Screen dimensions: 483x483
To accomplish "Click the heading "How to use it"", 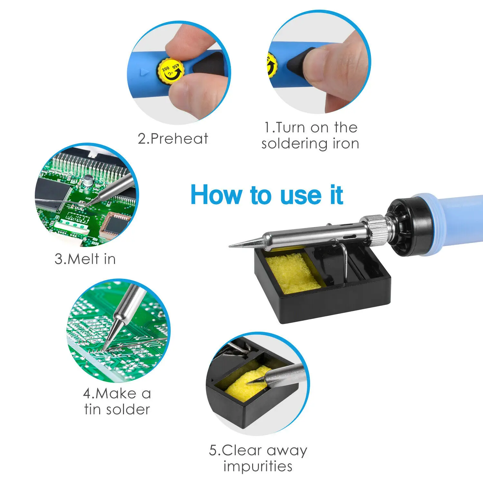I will click(x=267, y=195).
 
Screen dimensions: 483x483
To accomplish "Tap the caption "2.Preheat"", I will click(x=173, y=139).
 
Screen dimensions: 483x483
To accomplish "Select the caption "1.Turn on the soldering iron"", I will click(x=310, y=136).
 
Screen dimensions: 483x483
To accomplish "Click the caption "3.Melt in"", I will click(x=85, y=259).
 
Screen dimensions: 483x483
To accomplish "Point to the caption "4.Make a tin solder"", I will click(x=117, y=402).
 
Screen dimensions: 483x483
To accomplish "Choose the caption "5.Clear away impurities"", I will click(x=258, y=458).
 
